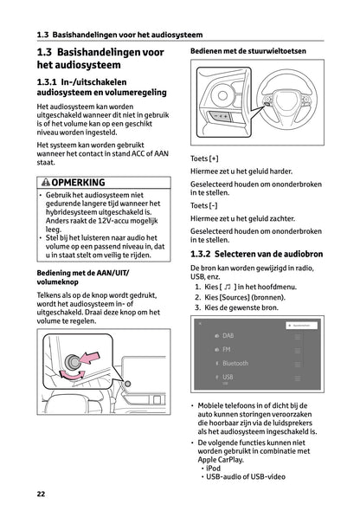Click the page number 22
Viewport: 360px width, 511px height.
41,494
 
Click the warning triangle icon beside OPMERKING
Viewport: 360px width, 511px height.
44,183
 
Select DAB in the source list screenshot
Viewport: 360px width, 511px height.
228,335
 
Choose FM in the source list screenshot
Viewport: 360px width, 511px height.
226,350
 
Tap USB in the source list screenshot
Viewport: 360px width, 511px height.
227,378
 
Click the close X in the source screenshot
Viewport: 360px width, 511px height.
199,323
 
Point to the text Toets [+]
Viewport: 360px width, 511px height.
204,159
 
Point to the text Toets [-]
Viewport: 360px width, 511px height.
204,206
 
